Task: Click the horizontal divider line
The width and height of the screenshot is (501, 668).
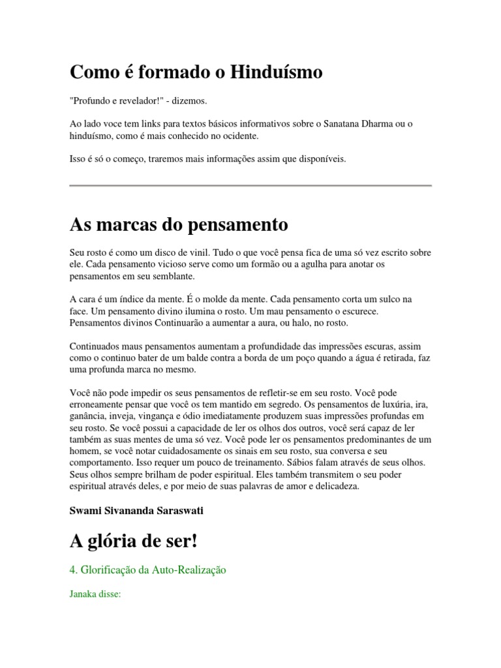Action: [250, 186]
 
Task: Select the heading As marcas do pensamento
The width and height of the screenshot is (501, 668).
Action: [178, 225]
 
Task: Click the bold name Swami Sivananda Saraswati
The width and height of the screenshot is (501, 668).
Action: [136, 510]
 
